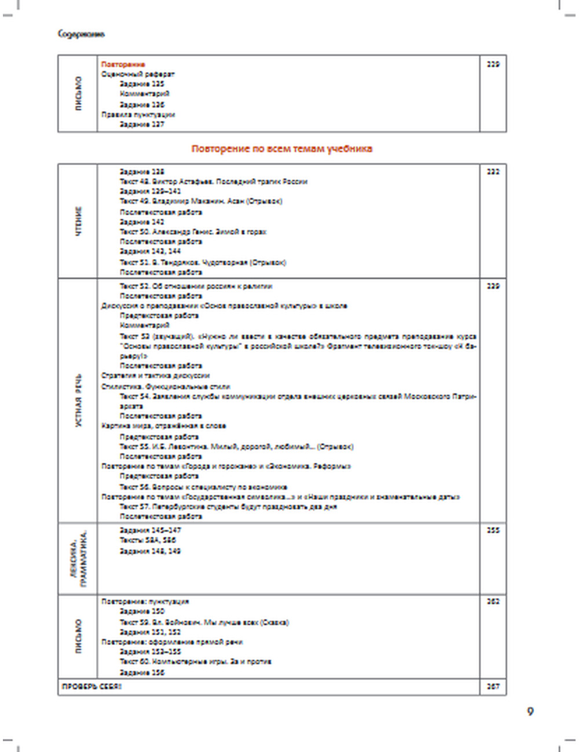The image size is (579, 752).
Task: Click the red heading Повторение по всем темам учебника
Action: click(x=281, y=149)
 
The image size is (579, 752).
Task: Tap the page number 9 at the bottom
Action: click(x=530, y=711)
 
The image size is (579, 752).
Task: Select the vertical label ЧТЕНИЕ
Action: click(x=78, y=220)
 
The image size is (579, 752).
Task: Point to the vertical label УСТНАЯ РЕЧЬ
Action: click(x=78, y=400)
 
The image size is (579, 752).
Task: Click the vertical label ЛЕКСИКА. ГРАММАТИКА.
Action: click(x=78, y=558)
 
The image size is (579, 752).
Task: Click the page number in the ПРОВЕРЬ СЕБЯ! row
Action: click(x=493, y=687)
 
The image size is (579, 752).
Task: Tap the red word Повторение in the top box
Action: click(x=123, y=64)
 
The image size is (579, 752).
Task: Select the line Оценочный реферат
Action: click(x=138, y=74)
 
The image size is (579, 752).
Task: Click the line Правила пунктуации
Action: click(x=138, y=115)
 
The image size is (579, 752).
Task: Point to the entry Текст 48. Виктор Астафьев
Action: click(x=213, y=182)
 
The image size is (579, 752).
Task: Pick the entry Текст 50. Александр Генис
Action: click(x=193, y=232)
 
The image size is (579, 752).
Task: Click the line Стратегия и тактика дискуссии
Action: click(x=155, y=375)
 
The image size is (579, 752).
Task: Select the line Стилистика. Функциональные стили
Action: click(x=166, y=386)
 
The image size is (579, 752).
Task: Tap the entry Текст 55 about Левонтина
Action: click(x=236, y=447)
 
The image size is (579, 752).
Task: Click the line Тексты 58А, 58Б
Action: click(x=148, y=540)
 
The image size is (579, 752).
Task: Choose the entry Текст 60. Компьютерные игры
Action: click(x=195, y=661)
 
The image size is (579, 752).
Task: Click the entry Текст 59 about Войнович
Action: click(x=204, y=622)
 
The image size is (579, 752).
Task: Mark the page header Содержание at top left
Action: click(x=81, y=34)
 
